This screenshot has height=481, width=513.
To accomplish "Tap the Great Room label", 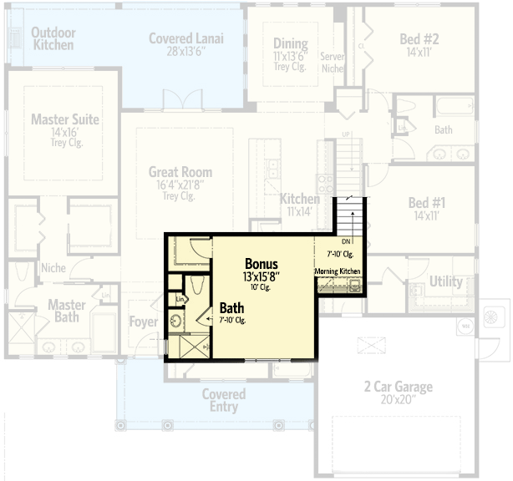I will click(x=180, y=173).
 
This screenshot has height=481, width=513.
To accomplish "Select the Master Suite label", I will click(x=64, y=119).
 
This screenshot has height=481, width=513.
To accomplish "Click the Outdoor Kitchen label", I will click(x=53, y=38).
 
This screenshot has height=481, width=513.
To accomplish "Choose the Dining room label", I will click(x=291, y=44).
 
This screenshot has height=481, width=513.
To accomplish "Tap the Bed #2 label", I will click(x=419, y=38).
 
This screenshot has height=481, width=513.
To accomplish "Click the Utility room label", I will click(x=445, y=281).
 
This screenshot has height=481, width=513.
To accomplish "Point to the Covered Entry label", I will click(x=224, y=400).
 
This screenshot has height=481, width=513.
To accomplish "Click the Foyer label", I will click(x=144, y=322).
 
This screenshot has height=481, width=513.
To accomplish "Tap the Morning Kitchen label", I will click(x=338, y=271).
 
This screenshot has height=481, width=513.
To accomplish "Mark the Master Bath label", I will click(x=67, y=311).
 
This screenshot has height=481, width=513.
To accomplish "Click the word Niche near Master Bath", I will click(x=53, y=268).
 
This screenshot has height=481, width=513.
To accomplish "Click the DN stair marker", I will click(x=346, y=242).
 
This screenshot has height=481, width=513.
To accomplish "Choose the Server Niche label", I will click(x=333, y=62).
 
